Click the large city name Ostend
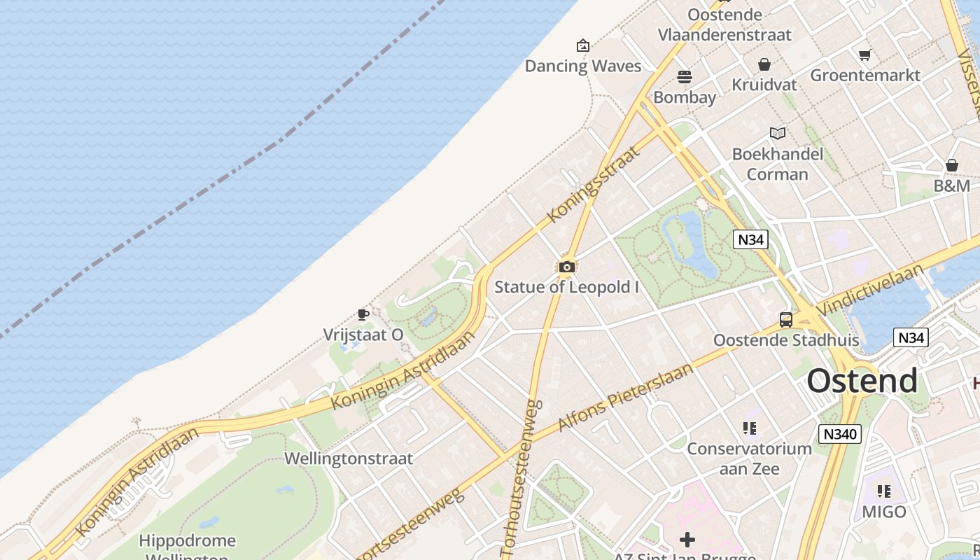(862, 381)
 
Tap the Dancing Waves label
(583, 66)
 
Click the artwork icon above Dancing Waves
(583, 46)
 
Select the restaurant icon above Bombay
(684, 76)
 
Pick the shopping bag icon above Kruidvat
(764, 64)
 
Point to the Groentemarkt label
(865, 75)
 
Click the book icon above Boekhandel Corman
(778, 133)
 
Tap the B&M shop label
(952, 185)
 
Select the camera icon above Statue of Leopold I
(567, 267)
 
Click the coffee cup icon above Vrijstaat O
(363, 314)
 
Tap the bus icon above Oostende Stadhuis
(786, 320)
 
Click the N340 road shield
(840, 434)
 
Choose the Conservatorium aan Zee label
(750, 458)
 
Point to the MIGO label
(884, 512)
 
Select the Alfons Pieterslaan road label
(626, 397)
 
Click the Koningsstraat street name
(594, 185)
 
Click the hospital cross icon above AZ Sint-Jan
(687, 540)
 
